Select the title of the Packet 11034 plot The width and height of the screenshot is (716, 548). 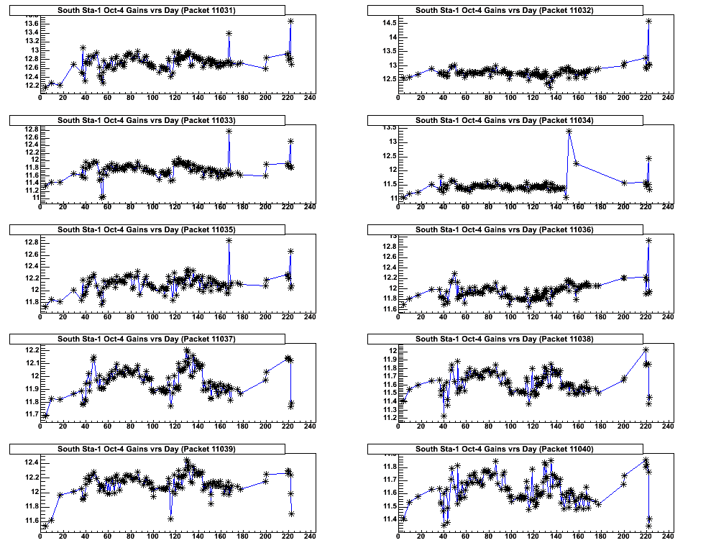coord(504,119)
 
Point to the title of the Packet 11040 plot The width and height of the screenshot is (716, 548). coord(504,449)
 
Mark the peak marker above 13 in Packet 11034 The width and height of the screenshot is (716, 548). coord(569,131)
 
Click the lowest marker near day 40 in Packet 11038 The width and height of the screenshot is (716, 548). coord(444,416)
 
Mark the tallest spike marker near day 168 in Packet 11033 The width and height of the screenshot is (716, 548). coord(229,131)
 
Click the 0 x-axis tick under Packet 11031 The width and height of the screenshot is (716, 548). coord(40,99)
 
